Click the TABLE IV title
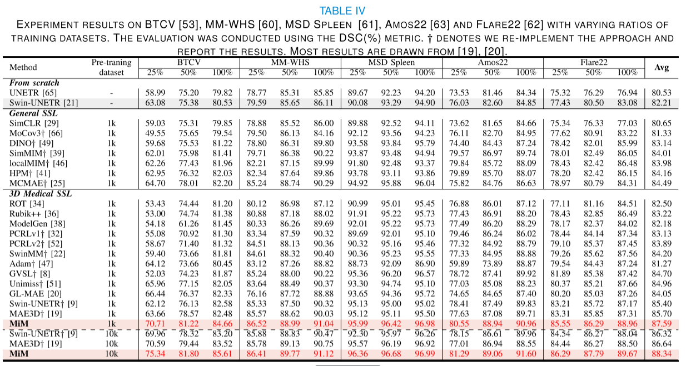(x=342, y=11)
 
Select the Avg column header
(x=662, y=67)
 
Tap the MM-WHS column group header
(x=290, y=62)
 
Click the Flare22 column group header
(x=594, y=62)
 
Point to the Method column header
(x=23, y=67)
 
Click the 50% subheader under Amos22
(x=492, y=72)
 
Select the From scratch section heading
(x=34, y=83)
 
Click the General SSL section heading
(x=33, y=113)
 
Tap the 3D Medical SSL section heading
(x=41, y=194)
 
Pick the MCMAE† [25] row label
(x=37, y=183)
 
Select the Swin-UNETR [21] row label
(x=43, y=103)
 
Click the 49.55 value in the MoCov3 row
(x=155, y=133)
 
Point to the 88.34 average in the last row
(x=662, y=354)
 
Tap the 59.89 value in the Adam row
(x=459, y=264)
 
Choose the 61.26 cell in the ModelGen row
(x=188, y=224)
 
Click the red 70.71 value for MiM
(x=155, y=324)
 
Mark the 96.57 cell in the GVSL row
(x=425, y=274)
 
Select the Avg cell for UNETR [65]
(x=662, y=93)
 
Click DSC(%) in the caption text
(x=360, y=38)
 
